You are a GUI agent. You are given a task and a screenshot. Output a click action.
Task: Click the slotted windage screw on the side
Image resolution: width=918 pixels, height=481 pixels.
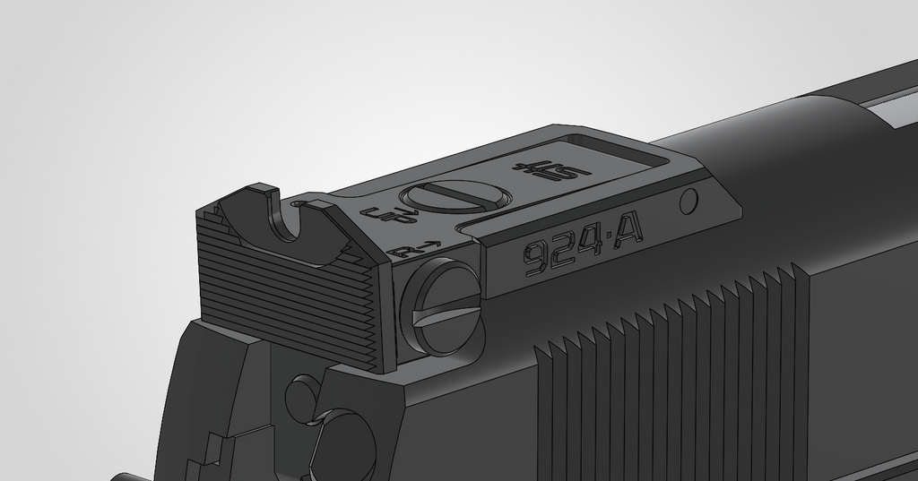pyautogui.click(x=442, y=306)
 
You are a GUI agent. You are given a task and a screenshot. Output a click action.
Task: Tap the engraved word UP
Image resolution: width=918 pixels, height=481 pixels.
pyautogui.click(x=387, y=215)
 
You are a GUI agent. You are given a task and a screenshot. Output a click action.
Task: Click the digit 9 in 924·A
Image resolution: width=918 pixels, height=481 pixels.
pyautogui.click(x=536, y=258)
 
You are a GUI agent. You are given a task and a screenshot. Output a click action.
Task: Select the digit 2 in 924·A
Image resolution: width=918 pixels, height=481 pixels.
pyautogui.click(x=563, y=251)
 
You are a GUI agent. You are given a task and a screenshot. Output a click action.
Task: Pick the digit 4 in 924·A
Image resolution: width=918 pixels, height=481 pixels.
pyautogui.click(x=588, y=245)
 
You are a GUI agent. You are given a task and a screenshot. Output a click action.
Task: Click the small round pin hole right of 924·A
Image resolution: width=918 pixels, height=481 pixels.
pyautogui.click(x=688, y=202)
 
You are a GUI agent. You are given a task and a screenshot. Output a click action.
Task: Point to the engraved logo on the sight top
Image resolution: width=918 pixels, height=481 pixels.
pyautogui.click(x=550, y=167)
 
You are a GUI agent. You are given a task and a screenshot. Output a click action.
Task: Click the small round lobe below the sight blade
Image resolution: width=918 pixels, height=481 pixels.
pyautogui.click(x=301, y=395)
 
